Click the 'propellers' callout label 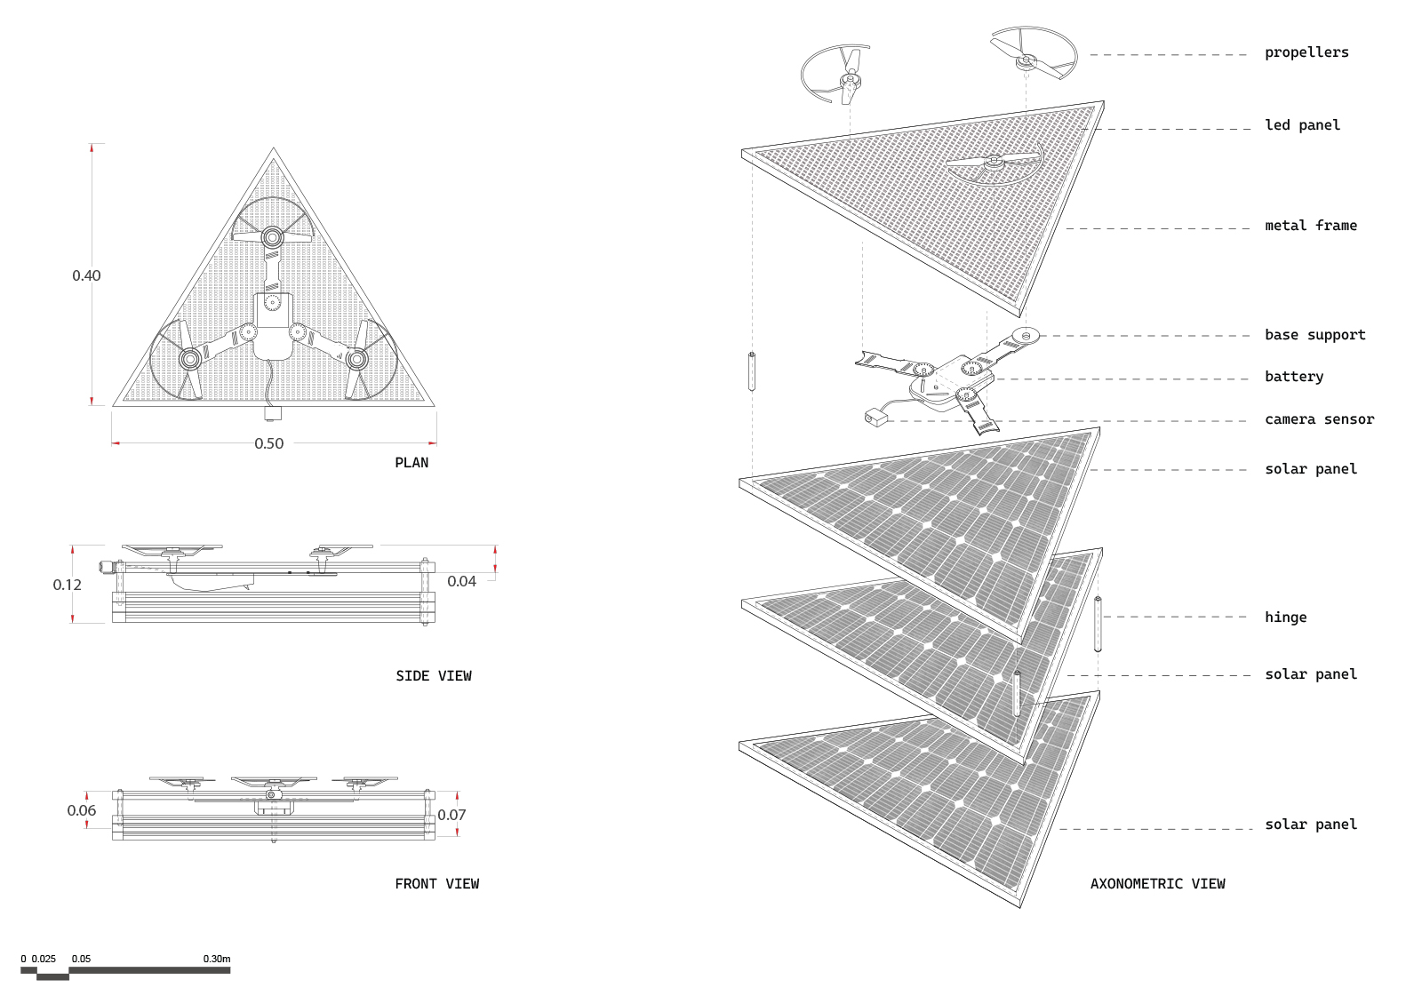pos(1306,52)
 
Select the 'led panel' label pos(1302,125)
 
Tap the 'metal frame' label pos(1310,226)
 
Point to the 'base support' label pos(1314,335)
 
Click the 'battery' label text pos(1294,377)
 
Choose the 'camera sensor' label pos(1319,419)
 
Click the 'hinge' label pos(1285,618)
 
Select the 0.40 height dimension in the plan pos(86,275)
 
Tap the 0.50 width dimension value pos(269,443)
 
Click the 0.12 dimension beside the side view pos(68,585)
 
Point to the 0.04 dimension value pos(461,581)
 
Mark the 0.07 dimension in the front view pos(451,815)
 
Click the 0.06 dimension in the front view pos(82,810)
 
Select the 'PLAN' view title pos(411,463)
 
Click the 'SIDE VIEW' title pos(434,676)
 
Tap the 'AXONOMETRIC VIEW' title pos(1158,884)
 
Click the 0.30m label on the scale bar pos(217,959)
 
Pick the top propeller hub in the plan pos(273,237)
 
